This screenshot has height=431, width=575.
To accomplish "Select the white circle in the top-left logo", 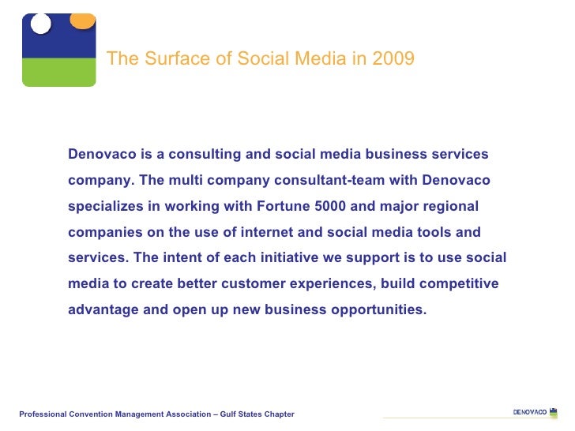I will pyautogui.click(x=40, y=23).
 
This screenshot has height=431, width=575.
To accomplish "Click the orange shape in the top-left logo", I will pyautogui.click(x=82, y=19).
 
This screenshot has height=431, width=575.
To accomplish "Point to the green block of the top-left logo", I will pyautogui.click(x=58, y=72).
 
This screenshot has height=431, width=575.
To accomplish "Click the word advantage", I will pyautogui.click(x=103, y=309).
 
